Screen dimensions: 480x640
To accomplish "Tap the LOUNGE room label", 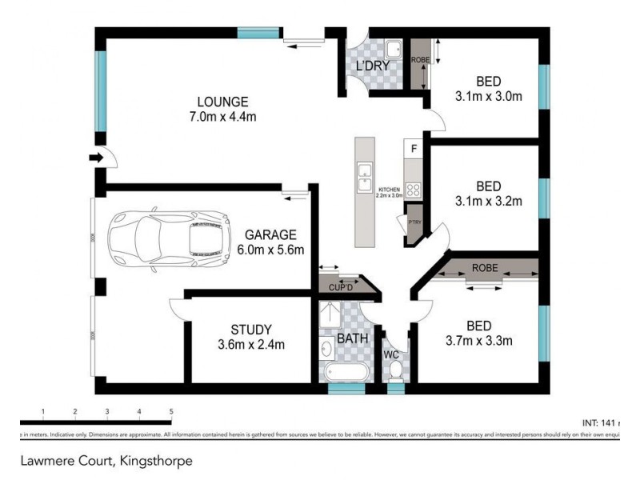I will (x=222, y=102).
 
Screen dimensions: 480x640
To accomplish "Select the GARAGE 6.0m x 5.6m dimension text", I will (x=270, y=249).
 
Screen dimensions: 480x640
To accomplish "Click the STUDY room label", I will (x=251, y=329).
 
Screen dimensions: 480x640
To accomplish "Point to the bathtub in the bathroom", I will (x=345, y=371).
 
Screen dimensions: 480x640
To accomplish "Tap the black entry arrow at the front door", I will (x=96, y=158).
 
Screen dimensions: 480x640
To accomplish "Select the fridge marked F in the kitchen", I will (x=414, y=149).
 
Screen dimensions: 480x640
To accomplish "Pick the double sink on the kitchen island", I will (x=365, y=170).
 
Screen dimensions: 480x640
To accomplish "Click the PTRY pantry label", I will (x=414, y=223).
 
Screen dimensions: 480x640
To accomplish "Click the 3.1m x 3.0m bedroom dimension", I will (x=488, y=97).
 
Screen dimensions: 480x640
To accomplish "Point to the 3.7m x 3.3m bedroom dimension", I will (x=478, y=340).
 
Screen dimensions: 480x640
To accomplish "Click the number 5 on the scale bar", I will (x=171, y=411).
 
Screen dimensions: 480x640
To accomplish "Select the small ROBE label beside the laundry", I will (x=419, y=60).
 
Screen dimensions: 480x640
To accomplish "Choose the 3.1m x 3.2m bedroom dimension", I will (x=488, y=200).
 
